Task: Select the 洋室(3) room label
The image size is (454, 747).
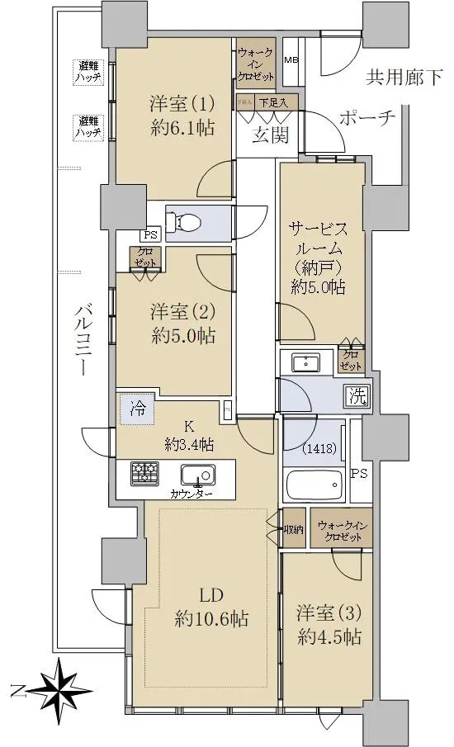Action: point(329,625)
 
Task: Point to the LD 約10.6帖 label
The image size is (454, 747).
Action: point(212,607)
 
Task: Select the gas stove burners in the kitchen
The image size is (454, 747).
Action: point(145,473)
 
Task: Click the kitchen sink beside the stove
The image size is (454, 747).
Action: point(198,475)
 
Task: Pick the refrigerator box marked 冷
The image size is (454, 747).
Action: point(136,408)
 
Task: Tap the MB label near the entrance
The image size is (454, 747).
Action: point(291,60)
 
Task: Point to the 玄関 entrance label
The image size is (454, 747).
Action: point(269,135)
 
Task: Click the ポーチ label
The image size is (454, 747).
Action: point(367,119)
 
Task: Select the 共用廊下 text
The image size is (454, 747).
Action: point(404,78)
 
